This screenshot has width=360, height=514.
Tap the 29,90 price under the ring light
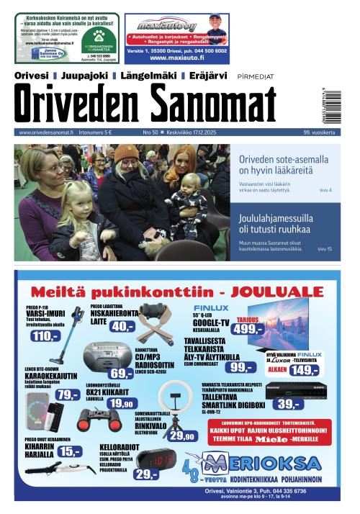[181, 436]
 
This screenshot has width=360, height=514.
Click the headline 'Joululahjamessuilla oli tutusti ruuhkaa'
[274, 222]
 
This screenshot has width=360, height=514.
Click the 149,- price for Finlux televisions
[305, 370]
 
